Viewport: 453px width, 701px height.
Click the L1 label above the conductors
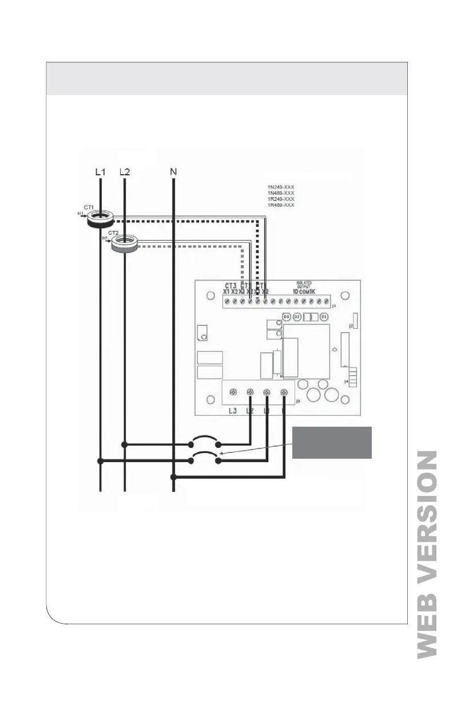point(101,171)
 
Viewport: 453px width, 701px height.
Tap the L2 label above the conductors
point(125,171)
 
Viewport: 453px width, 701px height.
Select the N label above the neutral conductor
point(173,171)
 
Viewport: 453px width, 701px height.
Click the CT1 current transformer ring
point(100,219)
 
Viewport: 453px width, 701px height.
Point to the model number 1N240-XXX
point(280,187)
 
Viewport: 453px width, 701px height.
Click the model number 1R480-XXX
point(280,204)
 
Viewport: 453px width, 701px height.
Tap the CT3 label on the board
point(231,285)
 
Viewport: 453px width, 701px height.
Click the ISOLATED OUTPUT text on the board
point(303,284)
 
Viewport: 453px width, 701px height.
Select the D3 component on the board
point(287,317)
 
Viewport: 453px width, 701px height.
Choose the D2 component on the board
point(297,317)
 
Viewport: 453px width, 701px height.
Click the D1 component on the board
point(324,317)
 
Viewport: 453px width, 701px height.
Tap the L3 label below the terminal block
point(232,411)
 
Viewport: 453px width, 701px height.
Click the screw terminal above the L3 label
point(233,392)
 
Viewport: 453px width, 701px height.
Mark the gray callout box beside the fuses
point(332,442)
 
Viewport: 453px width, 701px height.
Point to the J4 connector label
point(346,381)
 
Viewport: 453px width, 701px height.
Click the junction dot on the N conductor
point(173,476)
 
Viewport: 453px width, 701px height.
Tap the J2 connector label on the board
point(351,325)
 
